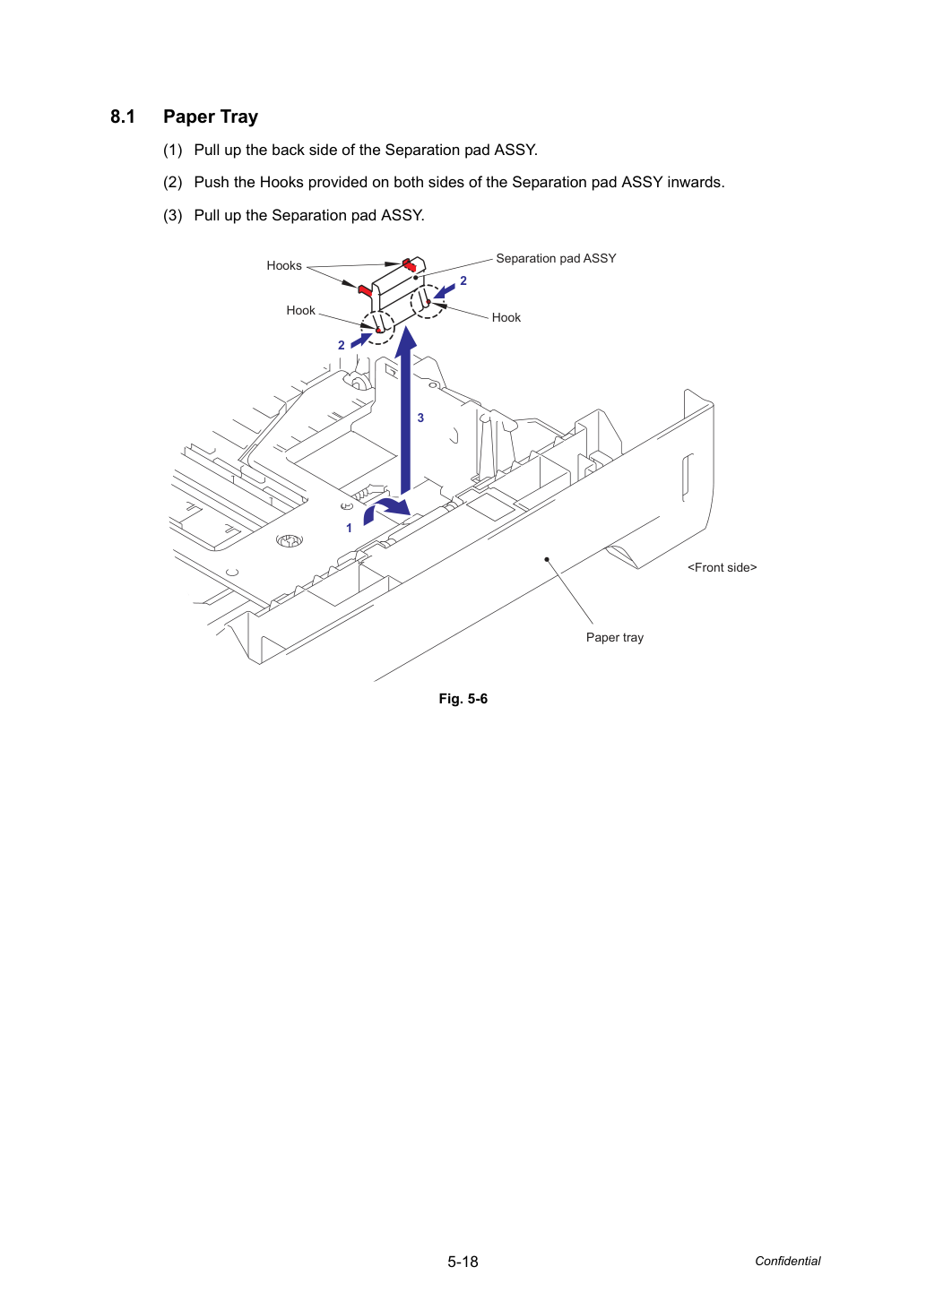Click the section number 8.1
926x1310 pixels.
click(x=123, y=116)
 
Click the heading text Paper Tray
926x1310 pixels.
click(x=211, y=117)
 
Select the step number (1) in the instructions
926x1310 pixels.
click(x=173, y=151)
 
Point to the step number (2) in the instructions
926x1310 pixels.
click(x=173, y=183)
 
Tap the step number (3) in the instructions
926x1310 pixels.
click(x=173, y=216)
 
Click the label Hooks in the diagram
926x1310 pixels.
click(x=284, y=265)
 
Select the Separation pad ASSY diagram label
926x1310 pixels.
click(x=556, y=258)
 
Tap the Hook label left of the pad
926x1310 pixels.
click(x=300, y=311)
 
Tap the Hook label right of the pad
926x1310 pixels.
click(x=506, y=317)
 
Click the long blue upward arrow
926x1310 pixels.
click(x=405, y=409)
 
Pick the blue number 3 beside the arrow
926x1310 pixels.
click(x=420, y=418)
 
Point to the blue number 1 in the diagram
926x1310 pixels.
click(x=350, y=528)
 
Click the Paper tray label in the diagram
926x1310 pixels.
click(x=615, y=637)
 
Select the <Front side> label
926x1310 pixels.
click(x=722, y=567)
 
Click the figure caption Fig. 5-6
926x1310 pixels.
click(x=463, y=699)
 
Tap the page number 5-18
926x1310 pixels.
click(x=463, y=1262)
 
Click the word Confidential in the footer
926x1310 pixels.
click(x=787, y=1262)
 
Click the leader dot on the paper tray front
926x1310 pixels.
click(x=547, y=560)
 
